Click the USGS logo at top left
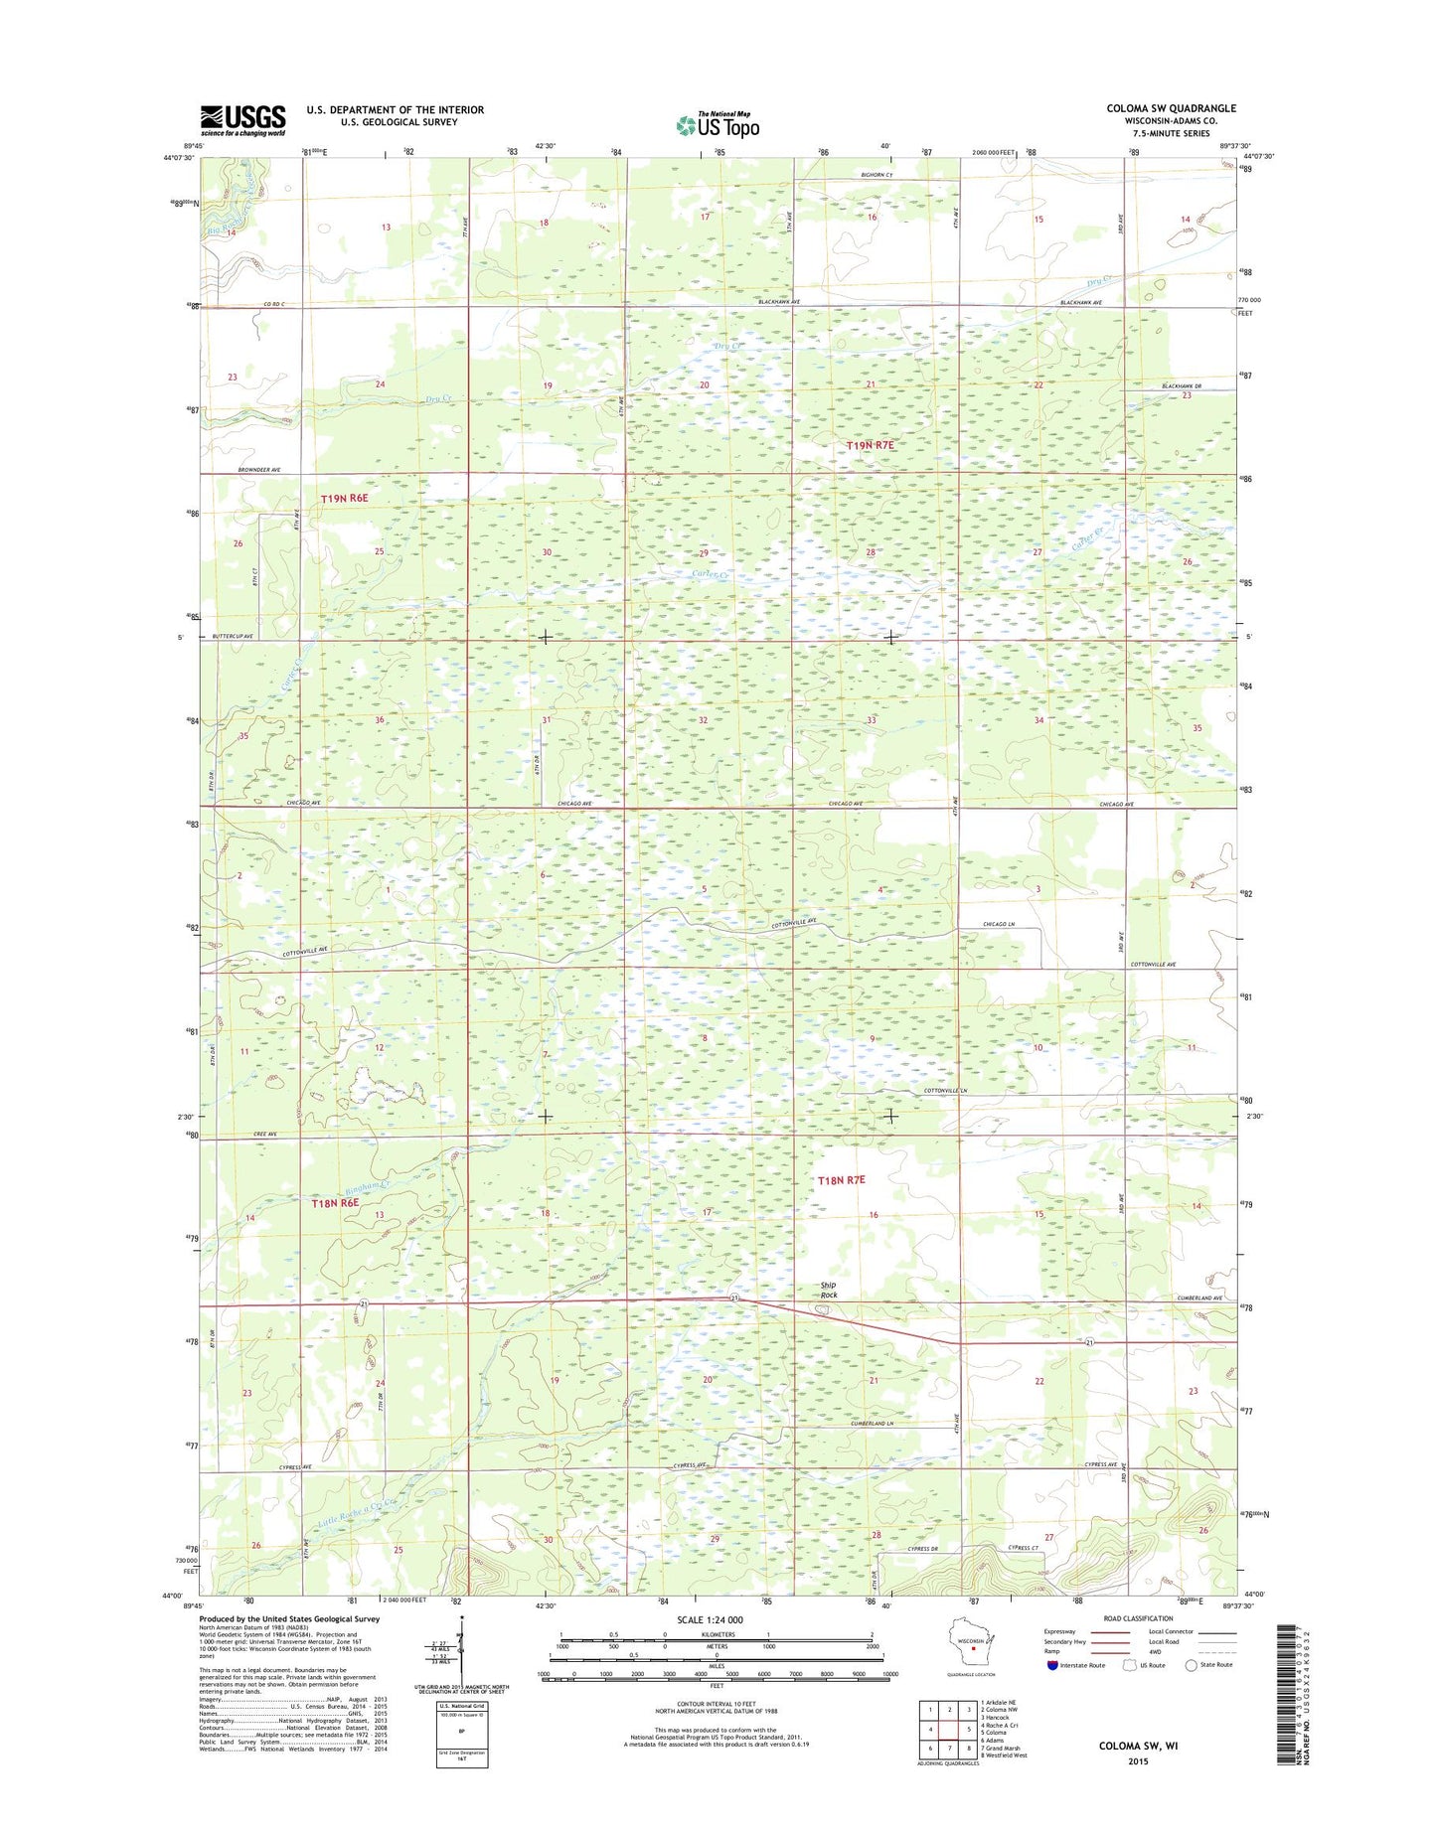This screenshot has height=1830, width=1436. pos(242,120)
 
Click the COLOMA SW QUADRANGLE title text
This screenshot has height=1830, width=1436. pos(1171,108)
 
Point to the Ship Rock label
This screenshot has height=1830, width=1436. pos(828,1291)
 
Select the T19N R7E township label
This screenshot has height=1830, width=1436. pos(870,446)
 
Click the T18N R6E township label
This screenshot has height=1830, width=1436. pos(335,1203)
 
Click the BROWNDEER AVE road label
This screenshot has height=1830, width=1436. pos(259,469)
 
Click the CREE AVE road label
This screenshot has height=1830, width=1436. pos(263,1134)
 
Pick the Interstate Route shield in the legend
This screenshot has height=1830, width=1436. pos(1052,1664)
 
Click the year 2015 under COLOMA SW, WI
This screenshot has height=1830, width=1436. pos(1137,1760)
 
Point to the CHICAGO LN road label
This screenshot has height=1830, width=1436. pos(1000,925)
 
